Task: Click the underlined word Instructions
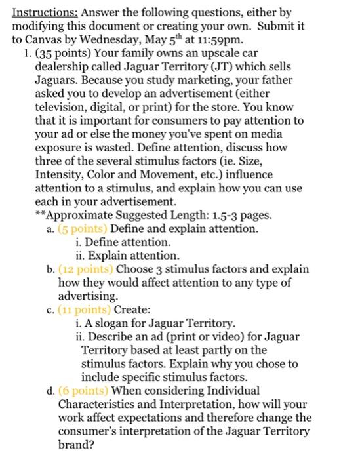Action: (x=41, y=12)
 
